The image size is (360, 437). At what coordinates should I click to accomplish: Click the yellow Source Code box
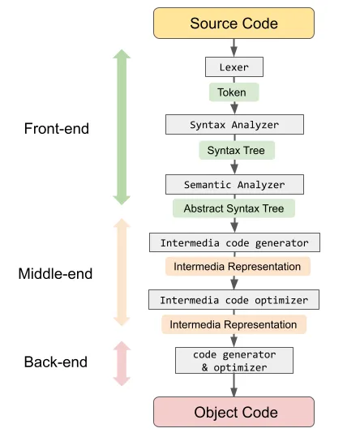point(234,23)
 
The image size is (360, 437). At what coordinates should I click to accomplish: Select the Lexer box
point(234,67)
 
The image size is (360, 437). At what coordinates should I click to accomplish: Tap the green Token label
point(234,93)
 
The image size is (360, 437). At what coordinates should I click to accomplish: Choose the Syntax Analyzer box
point(234,124)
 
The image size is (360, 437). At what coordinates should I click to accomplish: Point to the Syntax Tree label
point(234,151)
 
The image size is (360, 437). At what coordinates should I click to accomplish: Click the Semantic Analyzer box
point(234,183)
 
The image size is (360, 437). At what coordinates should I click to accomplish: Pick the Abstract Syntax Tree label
point(234,208)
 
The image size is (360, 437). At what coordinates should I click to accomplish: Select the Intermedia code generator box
point(234,242)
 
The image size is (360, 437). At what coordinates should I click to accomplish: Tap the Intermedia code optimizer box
point(234,300)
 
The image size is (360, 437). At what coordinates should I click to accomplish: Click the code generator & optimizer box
point(234,360)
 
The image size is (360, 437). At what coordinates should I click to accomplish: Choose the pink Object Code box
point(234,411)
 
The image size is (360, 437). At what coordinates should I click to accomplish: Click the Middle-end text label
point(55,273)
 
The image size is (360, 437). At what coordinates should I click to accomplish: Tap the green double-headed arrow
point(121,127)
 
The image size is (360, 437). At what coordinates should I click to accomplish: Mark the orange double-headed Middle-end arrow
point(121,272)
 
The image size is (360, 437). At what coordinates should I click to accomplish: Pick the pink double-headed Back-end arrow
point(121,361)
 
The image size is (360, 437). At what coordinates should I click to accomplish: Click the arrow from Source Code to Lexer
point(234,48)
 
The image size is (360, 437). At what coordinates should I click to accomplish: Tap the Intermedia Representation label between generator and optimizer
point(234,266)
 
